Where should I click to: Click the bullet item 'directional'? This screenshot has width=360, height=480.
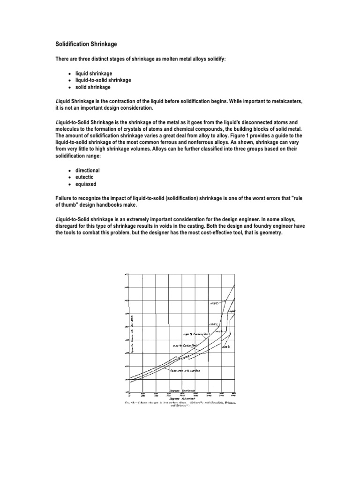tap(87, 170)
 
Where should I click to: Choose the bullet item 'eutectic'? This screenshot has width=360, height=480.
tap(85, 177)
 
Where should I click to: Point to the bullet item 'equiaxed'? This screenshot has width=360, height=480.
tap(86, 184)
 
